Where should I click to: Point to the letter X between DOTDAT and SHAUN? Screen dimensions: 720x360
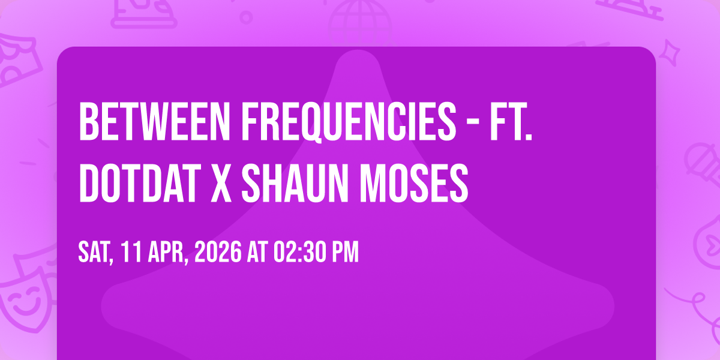pyautogui.click(x=221, y=183)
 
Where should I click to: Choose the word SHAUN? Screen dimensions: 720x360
pyautogui.click(x=295, y=183)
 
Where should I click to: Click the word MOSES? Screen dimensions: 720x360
pyautogui.click(x=414, y=183)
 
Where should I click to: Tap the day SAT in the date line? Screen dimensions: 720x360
pyautogui.click(x=95, y=253)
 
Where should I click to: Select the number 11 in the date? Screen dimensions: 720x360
pyautogui.click(x=131, y=252)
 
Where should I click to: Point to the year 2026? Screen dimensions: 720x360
pyautogui.click(x=218, y=252)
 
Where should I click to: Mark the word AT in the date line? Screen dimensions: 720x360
pyautogui.click(x=257, y=252)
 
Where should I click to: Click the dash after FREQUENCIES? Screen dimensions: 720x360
pyautogui.click(x=473, y=122)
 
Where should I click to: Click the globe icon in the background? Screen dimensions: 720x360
pyautogui.click(x=360, y=23)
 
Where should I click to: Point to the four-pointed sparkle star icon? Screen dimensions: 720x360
pyautogui.click(x=670, y=53)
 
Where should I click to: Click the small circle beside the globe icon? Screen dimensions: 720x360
pyautogui.click(x=246, y=17)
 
